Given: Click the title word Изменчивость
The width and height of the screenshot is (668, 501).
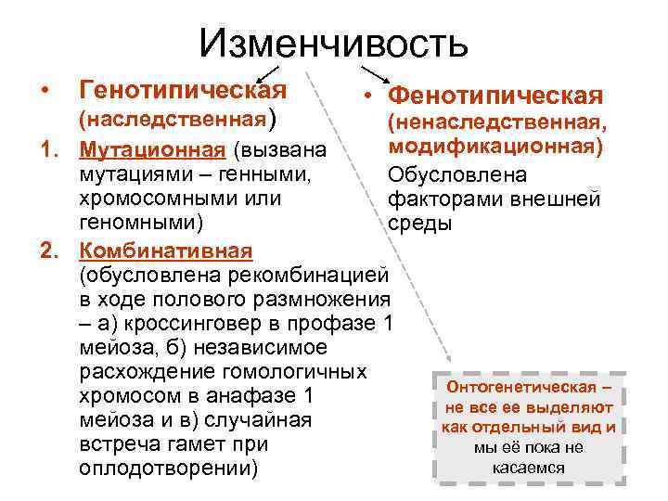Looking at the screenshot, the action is click(333, 42).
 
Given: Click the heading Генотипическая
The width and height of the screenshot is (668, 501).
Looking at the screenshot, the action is click(183, 90).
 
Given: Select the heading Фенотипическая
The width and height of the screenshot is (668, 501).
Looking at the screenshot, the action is click(496, 96).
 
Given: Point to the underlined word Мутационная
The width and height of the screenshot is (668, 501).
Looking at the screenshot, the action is click(152, 150).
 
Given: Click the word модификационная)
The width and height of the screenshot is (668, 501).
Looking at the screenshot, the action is click(495, 147).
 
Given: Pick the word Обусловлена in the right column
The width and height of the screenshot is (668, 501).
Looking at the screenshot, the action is click(457, 174).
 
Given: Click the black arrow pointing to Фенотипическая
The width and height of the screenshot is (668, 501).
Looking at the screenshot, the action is click(374, 73).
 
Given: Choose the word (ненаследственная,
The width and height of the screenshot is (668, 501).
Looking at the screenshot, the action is click(496, 122).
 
